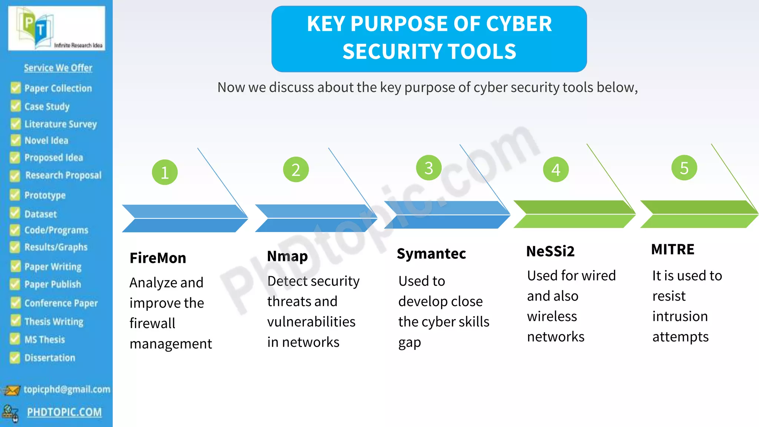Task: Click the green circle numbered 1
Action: [x=165, y=172]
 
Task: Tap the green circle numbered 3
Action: [x=429, y=168]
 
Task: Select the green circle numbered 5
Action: [x=684, y=168]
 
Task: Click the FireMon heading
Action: [x=158, y=258]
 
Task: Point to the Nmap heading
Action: [x=287, y=256]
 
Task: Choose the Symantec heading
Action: [x=431, y=254]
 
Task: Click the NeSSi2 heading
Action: [x=550, y=251]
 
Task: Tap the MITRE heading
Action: [x=673, y=249]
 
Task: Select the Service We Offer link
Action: [x=58, y=68]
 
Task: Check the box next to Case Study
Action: [x=16, y=106]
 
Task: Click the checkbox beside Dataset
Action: [x=15, y=213]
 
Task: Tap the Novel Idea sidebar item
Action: [x=46, y=141]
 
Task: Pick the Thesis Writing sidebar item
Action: [x=54, y=321]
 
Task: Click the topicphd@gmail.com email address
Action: [x=67, y=389]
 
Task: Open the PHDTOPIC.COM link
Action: [x=64, y=412]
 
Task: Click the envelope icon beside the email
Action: [x=11, y=390]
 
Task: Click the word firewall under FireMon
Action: [x=152, y=323]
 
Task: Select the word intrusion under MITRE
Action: [x=680, y=317]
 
